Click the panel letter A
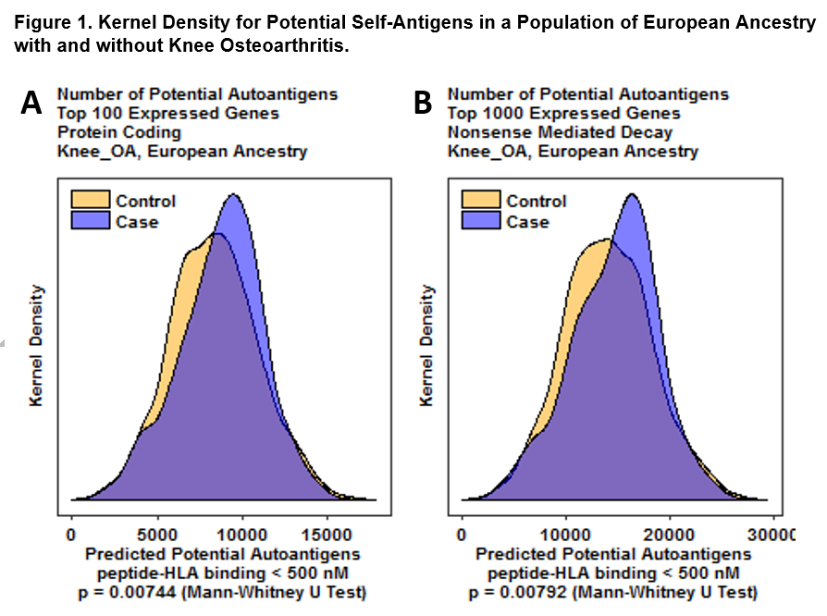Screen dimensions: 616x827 click(31, 105)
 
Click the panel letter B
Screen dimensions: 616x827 click(423, 105)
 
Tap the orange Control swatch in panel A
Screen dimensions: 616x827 click(91, 201)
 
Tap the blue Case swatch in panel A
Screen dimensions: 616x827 click(91, 221)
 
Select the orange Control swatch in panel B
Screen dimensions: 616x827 click(481, 201)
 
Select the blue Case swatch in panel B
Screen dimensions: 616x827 click(481, 221)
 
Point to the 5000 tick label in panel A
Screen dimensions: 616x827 click(157, 535)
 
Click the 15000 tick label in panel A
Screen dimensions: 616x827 click(327, 535)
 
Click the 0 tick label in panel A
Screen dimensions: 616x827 click(72, 535)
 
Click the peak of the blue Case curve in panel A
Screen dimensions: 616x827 click(235, 194)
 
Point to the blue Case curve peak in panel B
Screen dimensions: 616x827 click(633, 194)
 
